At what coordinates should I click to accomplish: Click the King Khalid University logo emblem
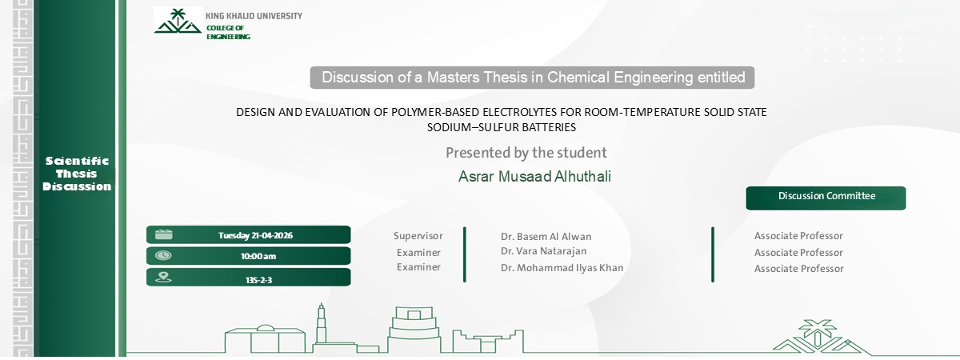[178, 22]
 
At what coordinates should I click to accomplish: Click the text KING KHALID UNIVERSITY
[254, 16]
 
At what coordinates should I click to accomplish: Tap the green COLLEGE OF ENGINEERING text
[228, 33]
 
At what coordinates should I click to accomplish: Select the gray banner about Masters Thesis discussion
[533, 78]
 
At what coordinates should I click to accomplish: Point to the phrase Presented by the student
[526, 153]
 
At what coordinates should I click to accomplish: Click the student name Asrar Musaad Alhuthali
[534, 177]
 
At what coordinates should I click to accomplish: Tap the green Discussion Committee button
[826, 197]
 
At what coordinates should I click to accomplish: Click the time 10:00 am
[258, 256]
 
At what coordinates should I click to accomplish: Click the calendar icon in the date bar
[163, 234]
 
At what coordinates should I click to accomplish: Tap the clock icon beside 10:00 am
[163, 256]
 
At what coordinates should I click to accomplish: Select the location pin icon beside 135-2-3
[163, 278]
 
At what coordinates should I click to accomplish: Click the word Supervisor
[418, 236]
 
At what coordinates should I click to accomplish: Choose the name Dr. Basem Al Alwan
[546, 237]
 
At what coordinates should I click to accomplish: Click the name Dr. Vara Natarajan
[544, 252]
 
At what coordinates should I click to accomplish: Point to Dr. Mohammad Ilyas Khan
[562, 268]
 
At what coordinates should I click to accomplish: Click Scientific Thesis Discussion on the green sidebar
[77, 174]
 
